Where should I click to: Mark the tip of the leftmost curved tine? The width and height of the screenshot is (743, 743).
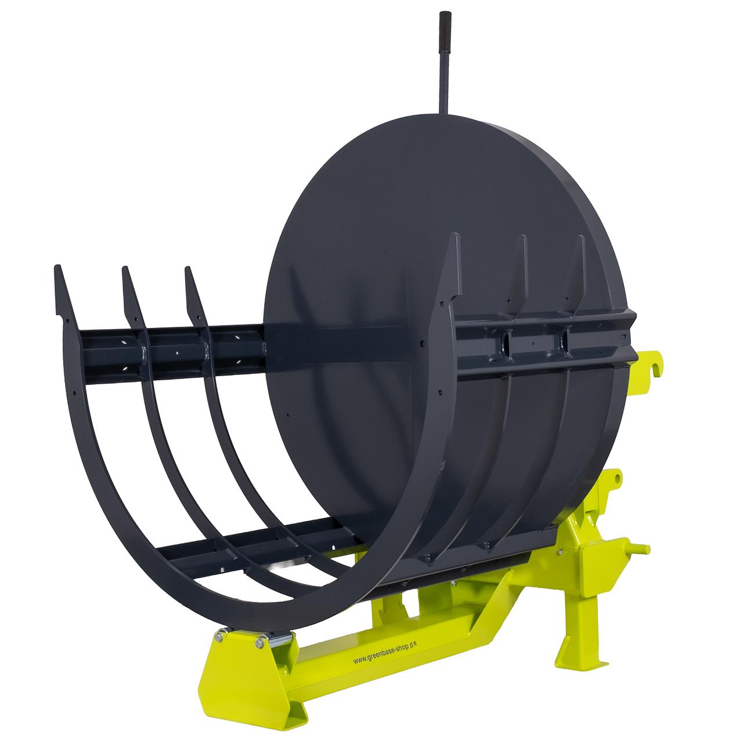pos(57,266)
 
